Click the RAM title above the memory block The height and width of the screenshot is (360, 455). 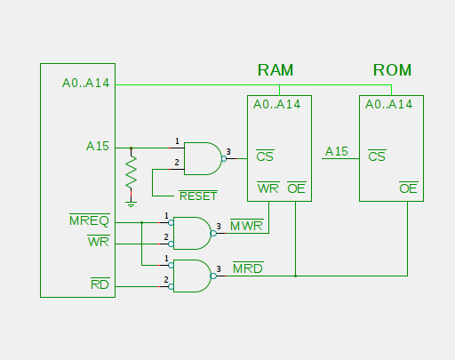275,70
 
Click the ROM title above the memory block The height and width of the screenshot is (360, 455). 392,70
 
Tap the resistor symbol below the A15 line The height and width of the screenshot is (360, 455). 131,172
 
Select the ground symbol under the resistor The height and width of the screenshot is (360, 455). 131,204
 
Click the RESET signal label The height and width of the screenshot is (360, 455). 198,196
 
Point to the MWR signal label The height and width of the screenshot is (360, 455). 247,226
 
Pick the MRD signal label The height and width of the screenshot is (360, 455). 248,268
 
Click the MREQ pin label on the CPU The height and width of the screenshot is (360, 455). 90,220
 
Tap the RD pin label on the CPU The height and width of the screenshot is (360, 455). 100,284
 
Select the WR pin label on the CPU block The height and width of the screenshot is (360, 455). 99,242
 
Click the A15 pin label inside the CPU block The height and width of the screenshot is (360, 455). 98,146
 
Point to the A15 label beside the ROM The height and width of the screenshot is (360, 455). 337,151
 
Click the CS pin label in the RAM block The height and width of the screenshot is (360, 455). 265,156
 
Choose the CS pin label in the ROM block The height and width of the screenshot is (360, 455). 377,156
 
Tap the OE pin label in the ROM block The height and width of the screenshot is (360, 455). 408,188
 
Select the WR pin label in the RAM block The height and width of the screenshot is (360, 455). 268,188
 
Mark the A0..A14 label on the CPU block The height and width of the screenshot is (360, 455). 86,83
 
